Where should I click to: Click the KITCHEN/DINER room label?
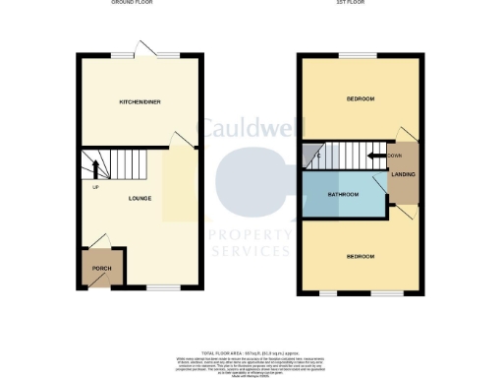click(140, 101)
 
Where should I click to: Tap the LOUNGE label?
click(139, 198)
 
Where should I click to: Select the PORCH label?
click(101, 269)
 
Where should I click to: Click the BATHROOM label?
click(343, 195)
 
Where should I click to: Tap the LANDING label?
click(403, 175)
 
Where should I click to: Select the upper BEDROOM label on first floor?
click(360, 99)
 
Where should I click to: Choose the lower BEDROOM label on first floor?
click(360, 257)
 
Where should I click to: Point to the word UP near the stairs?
click(95, 188)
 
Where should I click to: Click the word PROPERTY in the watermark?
click(250, 234)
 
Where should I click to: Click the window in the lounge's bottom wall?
click(162, 287)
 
